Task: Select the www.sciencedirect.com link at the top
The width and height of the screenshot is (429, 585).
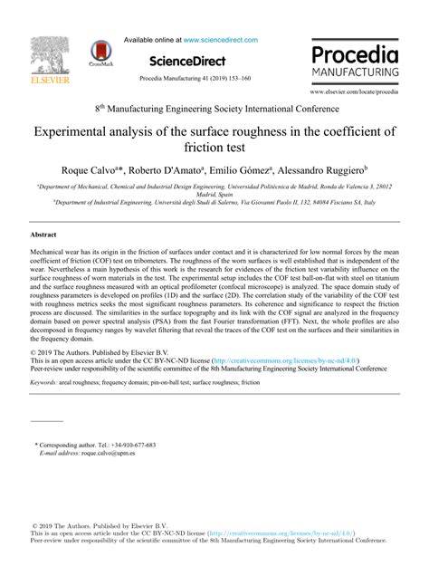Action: (221, 40)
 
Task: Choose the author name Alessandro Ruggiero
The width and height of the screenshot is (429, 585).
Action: (323, 169)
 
